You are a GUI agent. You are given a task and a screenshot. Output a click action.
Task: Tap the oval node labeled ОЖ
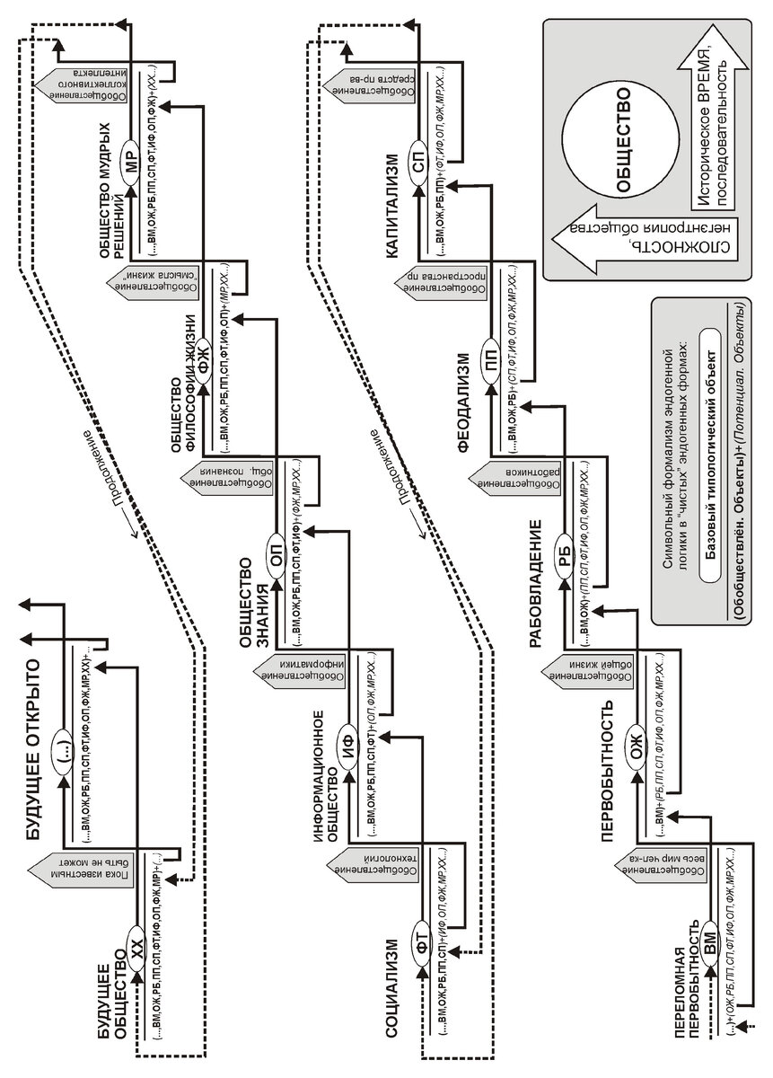(x=637, y=744)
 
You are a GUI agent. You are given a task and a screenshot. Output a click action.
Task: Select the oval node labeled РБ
(x=564, y=550)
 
